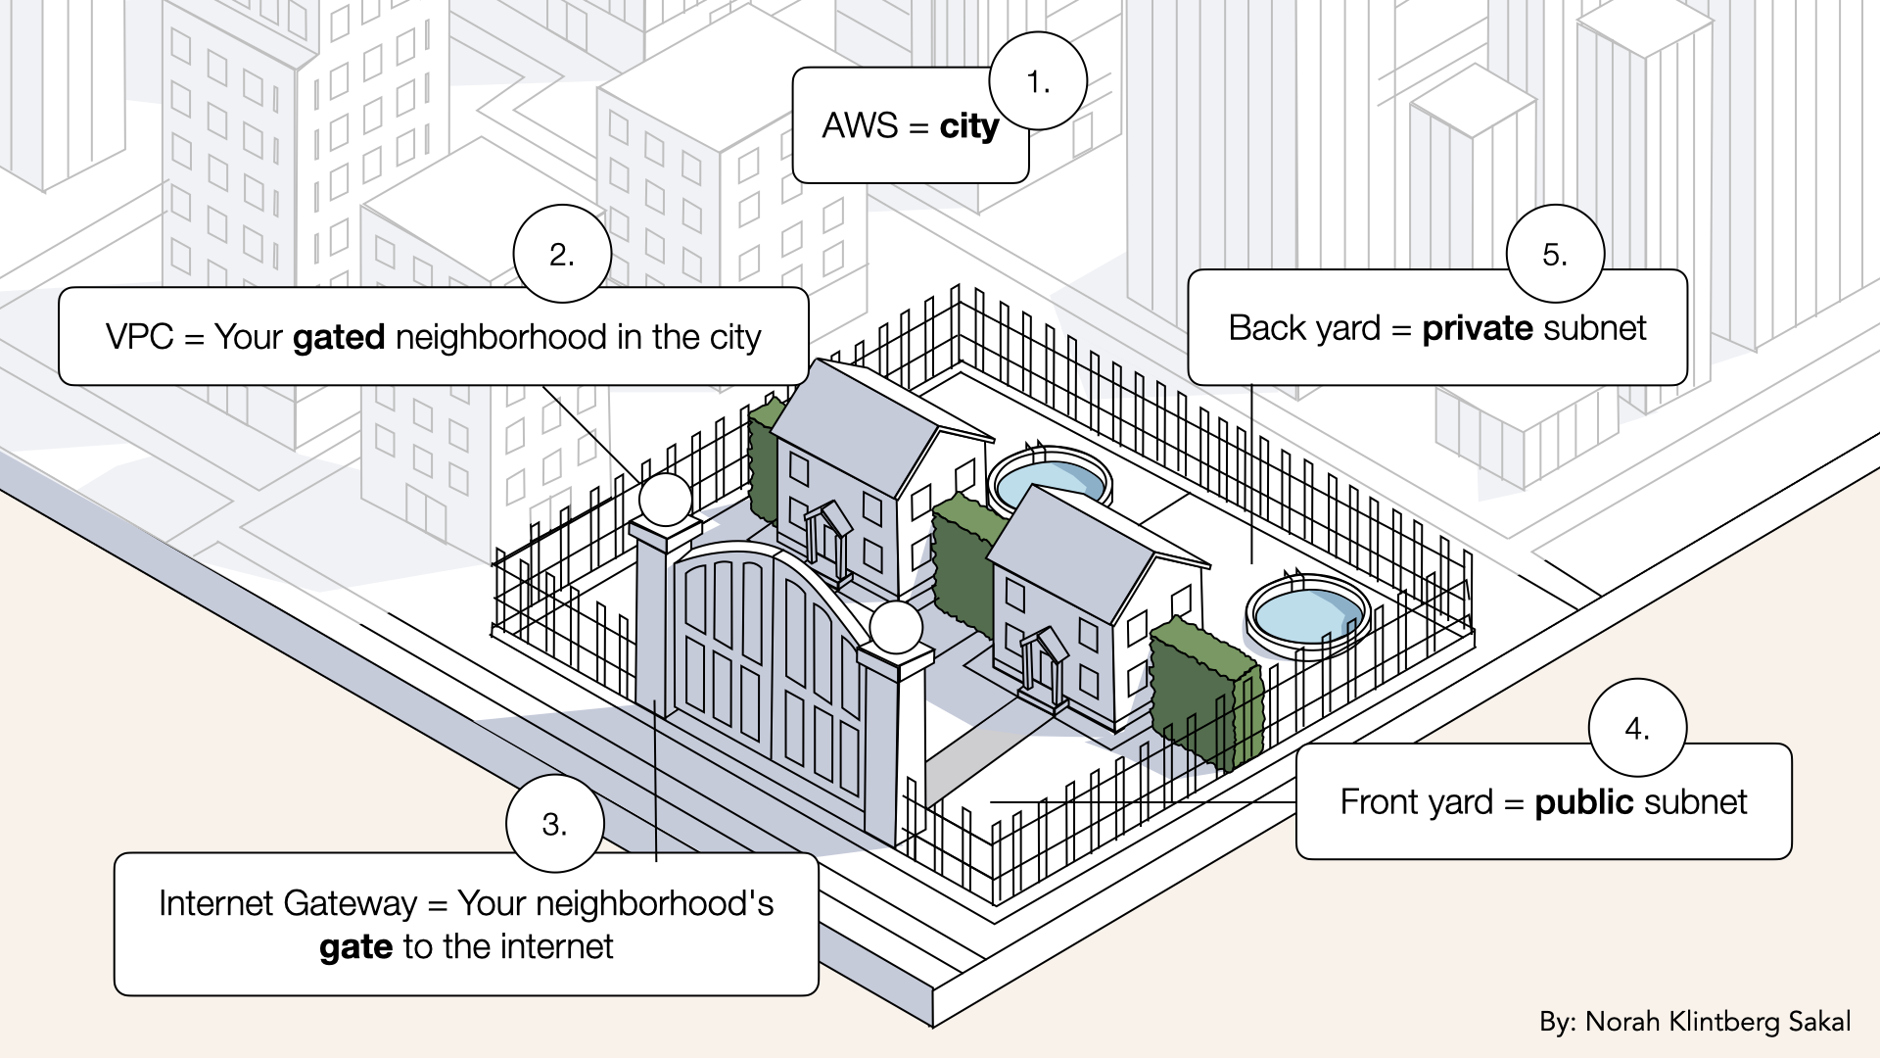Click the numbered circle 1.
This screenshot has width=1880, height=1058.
(x=1038, y=81)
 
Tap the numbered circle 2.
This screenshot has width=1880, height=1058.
(x=562, y=254)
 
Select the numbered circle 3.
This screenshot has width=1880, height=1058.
(x=554, y=824)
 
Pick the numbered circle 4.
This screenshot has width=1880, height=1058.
(x=1637, y=728)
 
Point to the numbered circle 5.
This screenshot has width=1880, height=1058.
(x=1555, y=254)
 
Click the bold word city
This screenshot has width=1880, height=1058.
(x=968, y=126)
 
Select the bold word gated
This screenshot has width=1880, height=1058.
(x=339, y=337)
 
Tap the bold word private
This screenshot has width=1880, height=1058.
(x=1478, y=328)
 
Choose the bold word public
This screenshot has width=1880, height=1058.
(x=1584, y=802)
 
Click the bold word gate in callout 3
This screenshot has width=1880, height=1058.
(x=355, y=947)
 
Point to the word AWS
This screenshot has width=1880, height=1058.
(x=860, y=126)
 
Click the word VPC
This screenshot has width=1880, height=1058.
(x=139, y=337)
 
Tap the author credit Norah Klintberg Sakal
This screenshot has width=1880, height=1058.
(x=1717, y=1022)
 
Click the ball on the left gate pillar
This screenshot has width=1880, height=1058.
(x=666, y=500)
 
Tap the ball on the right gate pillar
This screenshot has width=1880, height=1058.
(x=896, y=628)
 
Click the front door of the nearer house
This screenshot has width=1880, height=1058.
(x=1042, y=668)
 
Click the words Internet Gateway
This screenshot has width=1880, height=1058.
(x=288, y=903)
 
